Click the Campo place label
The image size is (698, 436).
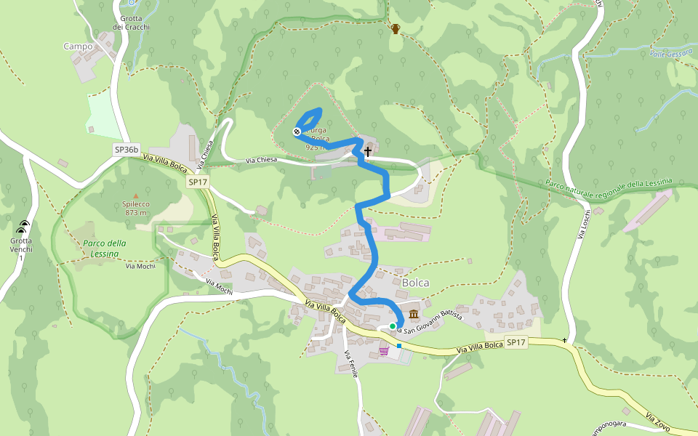79,47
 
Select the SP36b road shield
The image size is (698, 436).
126,149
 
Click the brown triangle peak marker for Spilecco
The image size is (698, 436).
135,195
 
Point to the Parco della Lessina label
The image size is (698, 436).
105,249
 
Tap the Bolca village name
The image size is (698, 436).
415,283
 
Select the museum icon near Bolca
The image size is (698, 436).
414,315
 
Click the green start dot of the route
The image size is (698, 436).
393,326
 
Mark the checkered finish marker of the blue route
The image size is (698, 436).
297,132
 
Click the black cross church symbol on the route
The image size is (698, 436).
368,152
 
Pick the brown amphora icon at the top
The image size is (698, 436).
396,29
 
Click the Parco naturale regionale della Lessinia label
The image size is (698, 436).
609,184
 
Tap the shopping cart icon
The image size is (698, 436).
383,352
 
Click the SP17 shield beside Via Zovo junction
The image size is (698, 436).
516,342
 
